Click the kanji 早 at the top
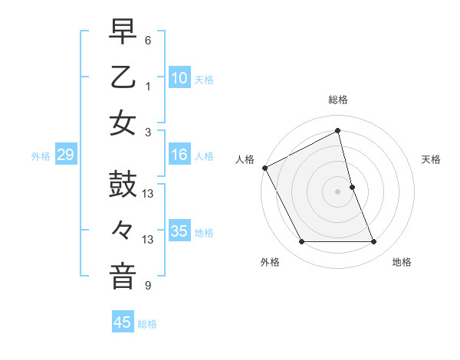pos(123,33)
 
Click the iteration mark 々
pos(123,231)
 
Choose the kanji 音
pos(123,276)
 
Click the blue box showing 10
pos(179,78)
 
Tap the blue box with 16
pos(179,155)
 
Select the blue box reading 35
pos(179,231)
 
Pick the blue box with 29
pos(65,155)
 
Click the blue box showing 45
pos(123,322)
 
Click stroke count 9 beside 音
pos(148,286)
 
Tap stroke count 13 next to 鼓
pos(148,194)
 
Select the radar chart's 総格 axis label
pos(338,100)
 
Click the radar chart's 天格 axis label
pos(431,159)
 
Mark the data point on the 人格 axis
pos(265,167)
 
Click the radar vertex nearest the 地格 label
pos(374,242)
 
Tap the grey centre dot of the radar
pos(338,191)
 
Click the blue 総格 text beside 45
pos(147,324)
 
